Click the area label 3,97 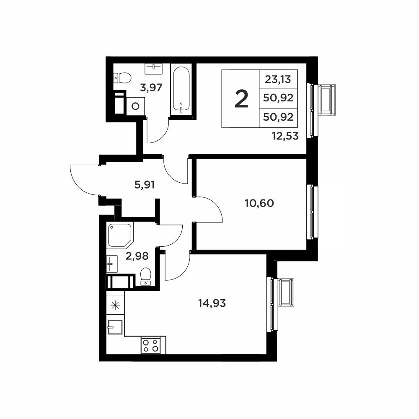(151, 88)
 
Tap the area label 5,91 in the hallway (145, 185)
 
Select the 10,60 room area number (259, 203)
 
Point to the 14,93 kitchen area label (212, 303)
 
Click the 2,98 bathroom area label (137, 256)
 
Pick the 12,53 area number (285, 136)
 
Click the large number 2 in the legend (242, 99)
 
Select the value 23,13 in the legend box (278, 79)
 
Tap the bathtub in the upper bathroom (181, 91)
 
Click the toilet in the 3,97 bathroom (122, 78)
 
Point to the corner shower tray (120, 235)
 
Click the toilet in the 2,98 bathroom (146, 277)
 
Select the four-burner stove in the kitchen (151, 345)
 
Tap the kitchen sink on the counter (115, 327)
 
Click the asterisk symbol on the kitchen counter (115, 305)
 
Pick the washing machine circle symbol (136, 106)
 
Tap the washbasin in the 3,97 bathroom (153, 69)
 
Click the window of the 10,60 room (314, 212)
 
